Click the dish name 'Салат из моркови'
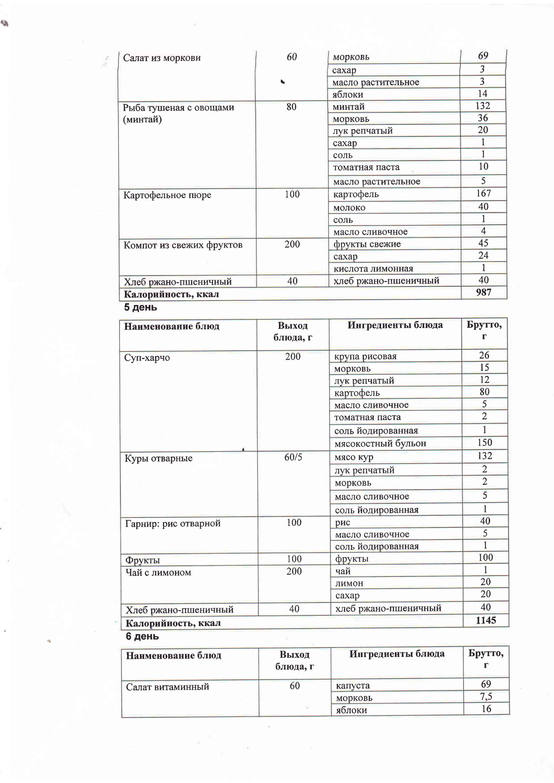pyautogui.click(x=162, y=58)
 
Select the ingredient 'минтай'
pyautogui.click(x=348, y=107)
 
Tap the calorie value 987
pyautogui.click(x=483, y=292)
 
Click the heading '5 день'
pyautogui.click(x=141, y=307)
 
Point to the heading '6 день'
pyautogui.click(x=142, y=636)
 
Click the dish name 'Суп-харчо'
pyautogui.click(x=147, y=358)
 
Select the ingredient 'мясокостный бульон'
pyautogui.click(x=380, y=443)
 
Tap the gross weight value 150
pyautogui.click(x=484, y=442)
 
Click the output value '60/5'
pyautogui.click(x=293, y=457)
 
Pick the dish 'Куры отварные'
pyautogui.click(x=158, y=458)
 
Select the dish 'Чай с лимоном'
pyautogui.click(x=158, y=572)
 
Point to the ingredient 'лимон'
pyautogui.click(x=349, y=583)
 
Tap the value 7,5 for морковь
pyautogui.click(x=486, y=696)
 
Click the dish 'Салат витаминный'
pyautogui.click(x=167, y=687)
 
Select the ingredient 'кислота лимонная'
pyautogui.click(x=373, y=269)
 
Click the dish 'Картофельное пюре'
pyautogui.click(x=167, y=195)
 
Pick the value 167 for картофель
pyautogui.click(x=483, y=193)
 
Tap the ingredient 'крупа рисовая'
pyautogui.click(x=365, y=357)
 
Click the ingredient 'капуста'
pyautogui.click(x=353, y=686)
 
